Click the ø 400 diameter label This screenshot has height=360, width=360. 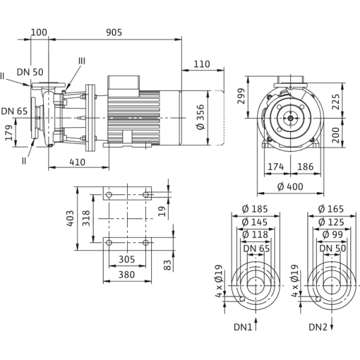[291, 187]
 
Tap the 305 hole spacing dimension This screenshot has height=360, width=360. [126, 260]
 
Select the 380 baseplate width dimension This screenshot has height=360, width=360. [126, 275]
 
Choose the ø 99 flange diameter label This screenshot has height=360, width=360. [329, 234]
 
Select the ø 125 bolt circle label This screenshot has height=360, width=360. [329, 222]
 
